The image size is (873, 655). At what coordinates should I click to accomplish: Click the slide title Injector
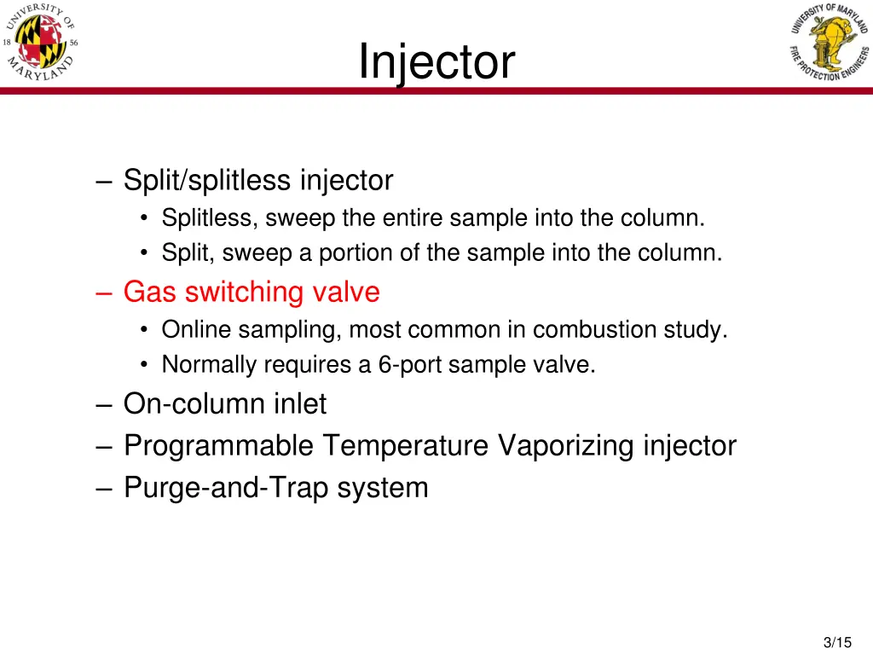pyautogui.click(x=436, y=61)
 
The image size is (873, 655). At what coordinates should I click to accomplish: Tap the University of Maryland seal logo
pyautogui.click(x=42, y=43)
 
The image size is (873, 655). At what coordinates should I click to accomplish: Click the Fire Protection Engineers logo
pyautogui.click(x=829, y=43)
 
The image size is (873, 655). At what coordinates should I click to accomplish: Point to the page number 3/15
pyautogui.click(x=839, y=642)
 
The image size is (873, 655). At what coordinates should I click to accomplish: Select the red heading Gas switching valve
pyautogui.click(x=251, y=292)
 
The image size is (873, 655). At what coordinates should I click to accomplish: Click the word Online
pyautogui.click(x=196, y=329)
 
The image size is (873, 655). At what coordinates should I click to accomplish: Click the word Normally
pyautogui.click(x=209, y=365)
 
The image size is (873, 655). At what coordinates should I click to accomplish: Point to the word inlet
pyautogui.click(x=299, y=403)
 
